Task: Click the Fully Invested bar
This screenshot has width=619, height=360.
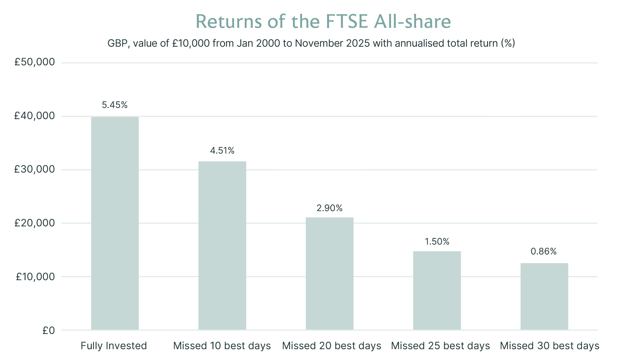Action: [115, 223]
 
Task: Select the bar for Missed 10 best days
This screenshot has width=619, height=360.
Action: [222, 246]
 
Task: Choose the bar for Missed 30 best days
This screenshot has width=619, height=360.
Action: [544, 296]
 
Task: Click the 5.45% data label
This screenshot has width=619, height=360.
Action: [115, 105]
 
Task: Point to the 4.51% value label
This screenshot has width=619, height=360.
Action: [222, 151]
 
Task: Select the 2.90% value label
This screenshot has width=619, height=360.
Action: [329, 208]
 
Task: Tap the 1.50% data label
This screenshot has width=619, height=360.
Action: [437, 242]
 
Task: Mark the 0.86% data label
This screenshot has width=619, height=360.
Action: [544, 251]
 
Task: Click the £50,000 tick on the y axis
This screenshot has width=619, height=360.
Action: [34, 62]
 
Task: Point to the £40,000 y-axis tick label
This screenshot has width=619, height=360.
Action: [34, 116]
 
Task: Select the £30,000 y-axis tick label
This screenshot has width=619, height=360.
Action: [34, 170]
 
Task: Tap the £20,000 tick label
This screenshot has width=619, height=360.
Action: [34, 223]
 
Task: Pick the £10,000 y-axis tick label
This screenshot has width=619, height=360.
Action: [35, 277]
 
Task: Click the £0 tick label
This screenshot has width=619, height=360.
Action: [49, 330]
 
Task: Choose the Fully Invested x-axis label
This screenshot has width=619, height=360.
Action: [114, 346]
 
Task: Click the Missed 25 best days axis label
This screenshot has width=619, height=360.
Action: [440, 346]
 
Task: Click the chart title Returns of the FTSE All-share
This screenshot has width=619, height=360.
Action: [323, 22]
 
